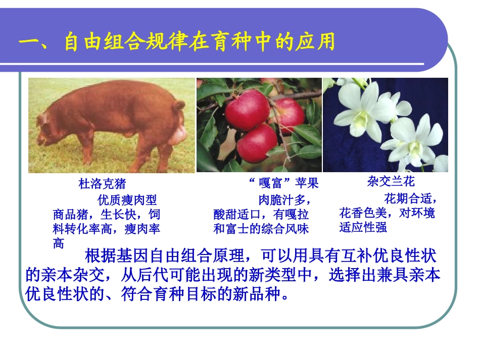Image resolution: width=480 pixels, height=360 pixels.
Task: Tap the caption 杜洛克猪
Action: (x=102, y=183)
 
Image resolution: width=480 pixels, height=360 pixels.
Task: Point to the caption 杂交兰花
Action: (x=391, y=181)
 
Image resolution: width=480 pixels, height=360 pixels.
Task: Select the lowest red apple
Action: (x=257, y=143)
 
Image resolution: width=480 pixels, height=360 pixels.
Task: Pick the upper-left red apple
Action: (x=246, y=110)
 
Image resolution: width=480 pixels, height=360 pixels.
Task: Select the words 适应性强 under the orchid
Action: (x=363, y=227)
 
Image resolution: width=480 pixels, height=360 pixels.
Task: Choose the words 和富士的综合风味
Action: (x=261, y=229)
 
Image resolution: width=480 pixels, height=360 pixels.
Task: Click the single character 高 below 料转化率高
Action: (x=59, y=243)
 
